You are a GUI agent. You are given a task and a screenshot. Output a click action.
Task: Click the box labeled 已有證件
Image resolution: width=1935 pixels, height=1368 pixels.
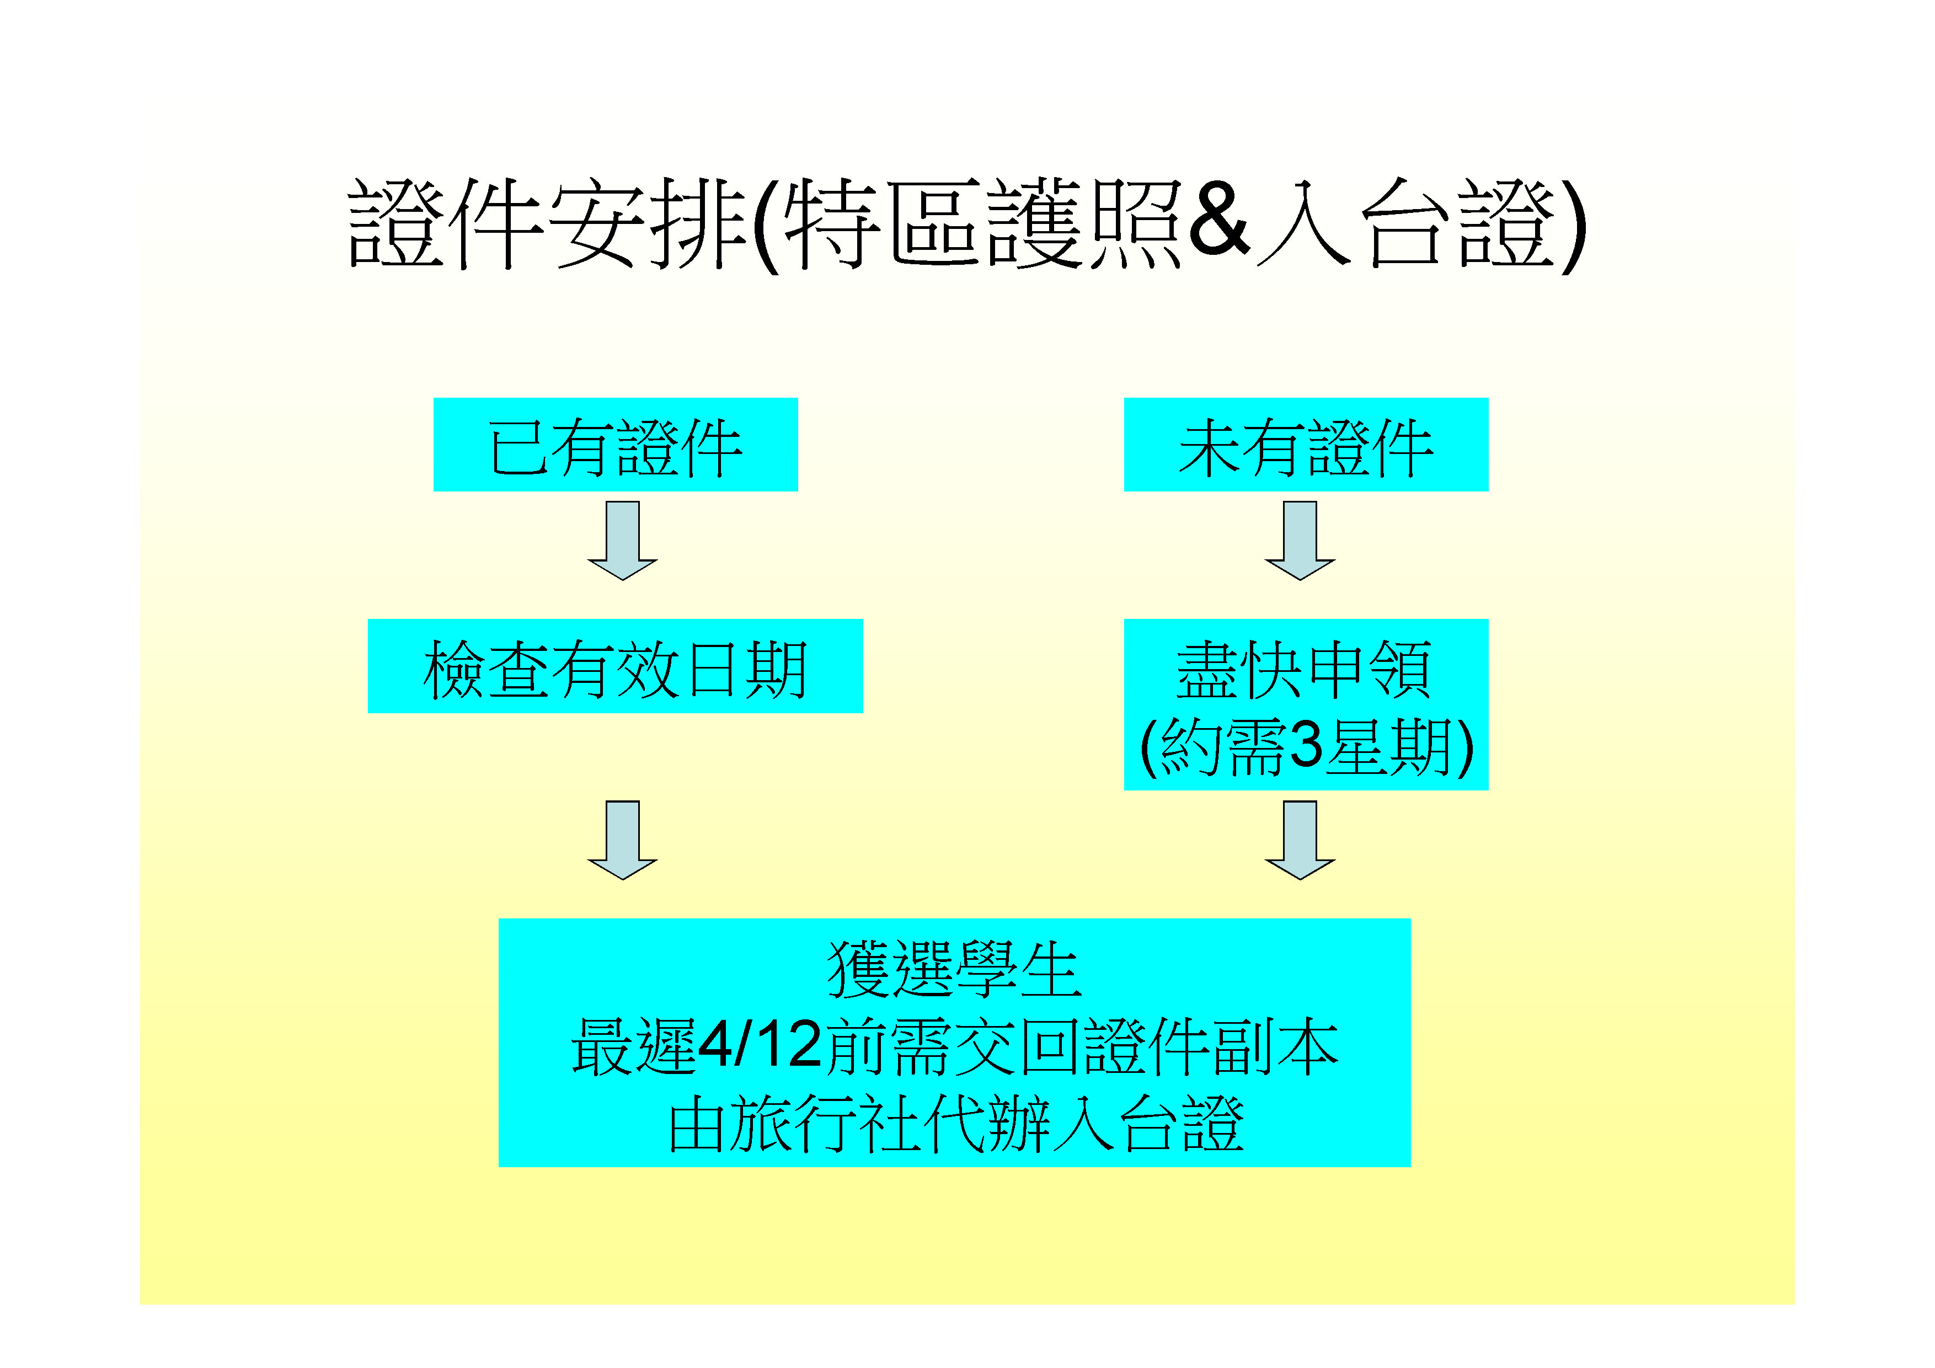pyautogui.click(x=615, y=444)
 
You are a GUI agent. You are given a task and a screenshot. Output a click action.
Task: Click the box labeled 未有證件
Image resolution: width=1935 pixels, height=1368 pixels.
pyautogui.click(x=1306, y=444)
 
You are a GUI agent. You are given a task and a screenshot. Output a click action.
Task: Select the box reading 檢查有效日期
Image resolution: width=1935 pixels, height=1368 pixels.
pyautogui.click(x=615, y=666)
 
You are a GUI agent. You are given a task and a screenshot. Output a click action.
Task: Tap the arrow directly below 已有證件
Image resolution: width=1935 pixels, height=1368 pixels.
pyautogui.click(x=622, y=540)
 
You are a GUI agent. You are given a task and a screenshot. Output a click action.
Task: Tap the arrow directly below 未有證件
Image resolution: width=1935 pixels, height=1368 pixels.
pyautogui.click(x=1300, y=540)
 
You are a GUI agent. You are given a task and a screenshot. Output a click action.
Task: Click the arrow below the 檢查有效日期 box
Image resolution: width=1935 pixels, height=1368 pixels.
pyautogui.click(x=622, y=840)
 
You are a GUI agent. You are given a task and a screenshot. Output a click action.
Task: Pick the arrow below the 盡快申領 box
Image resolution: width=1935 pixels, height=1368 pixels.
pyautogui.click(x=1300, y=840)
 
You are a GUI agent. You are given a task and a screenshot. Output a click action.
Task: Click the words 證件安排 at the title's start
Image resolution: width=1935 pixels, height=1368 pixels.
pyautogui.click(x=548, y=223)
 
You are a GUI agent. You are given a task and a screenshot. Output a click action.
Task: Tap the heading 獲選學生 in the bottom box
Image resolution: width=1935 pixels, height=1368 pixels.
pyautogui.click(x=954, y=969)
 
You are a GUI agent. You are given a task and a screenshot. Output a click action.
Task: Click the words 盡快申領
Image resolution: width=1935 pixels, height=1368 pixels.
pyautogui.click(x=1305, y=669)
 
